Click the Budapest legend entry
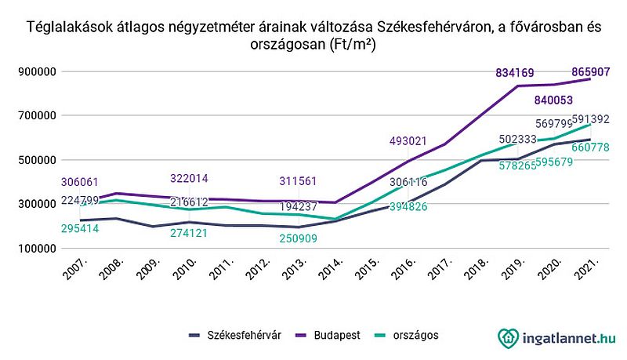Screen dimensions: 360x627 click(x=332, y=335)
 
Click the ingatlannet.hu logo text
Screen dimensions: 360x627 click(x=567, y=337)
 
